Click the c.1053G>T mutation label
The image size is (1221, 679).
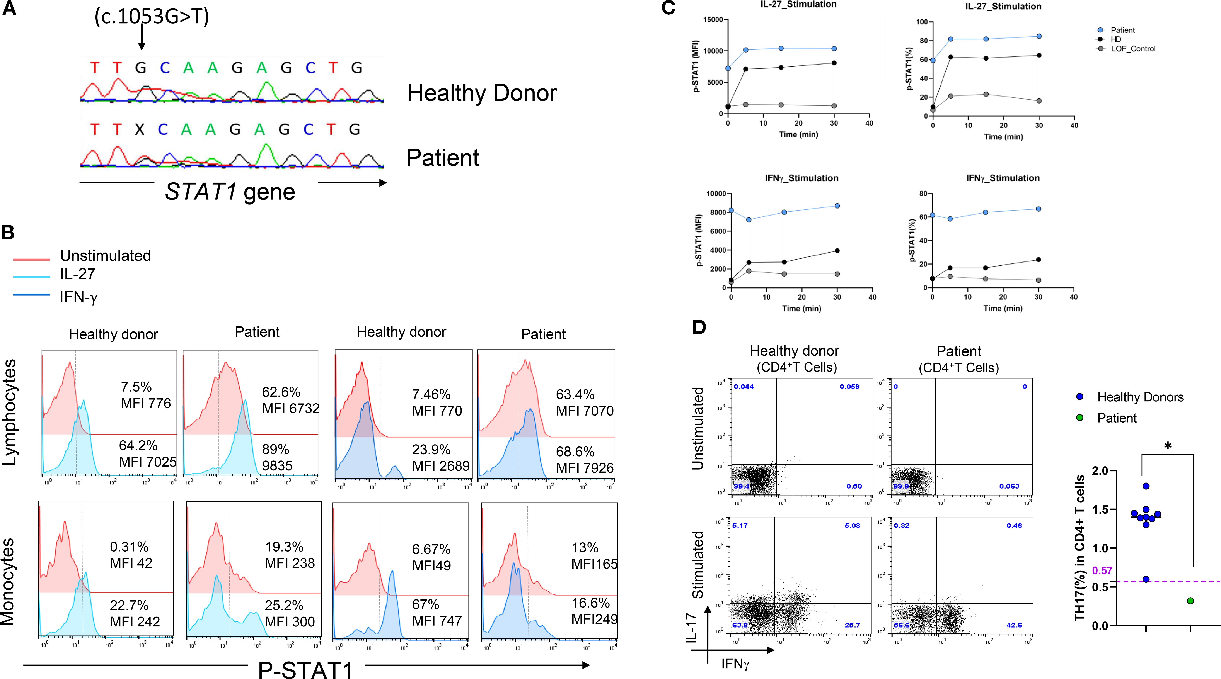point(152,17)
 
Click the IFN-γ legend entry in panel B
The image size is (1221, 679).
point(78,297)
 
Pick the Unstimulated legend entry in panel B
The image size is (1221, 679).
point(105,255)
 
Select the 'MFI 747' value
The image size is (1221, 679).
point(437,621)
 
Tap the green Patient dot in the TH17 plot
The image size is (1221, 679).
point(1190,601)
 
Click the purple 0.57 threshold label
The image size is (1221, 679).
point(1102,570)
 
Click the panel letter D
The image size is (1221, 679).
point(699,328)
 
